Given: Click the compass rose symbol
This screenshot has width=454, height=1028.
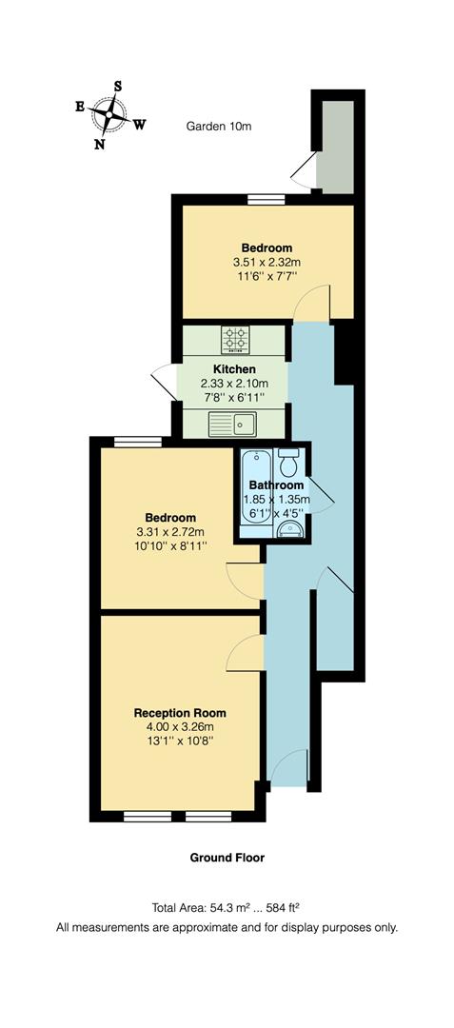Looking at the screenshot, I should point(109,116).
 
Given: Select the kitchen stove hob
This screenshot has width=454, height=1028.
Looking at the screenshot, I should point(235,338).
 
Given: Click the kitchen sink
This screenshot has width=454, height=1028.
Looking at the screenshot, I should point(233,423).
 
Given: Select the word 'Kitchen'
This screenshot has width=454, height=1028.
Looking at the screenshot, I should point(234,368).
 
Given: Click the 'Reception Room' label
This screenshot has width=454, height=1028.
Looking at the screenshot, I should point(180,712).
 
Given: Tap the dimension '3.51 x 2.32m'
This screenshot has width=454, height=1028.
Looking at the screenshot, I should point(266,262).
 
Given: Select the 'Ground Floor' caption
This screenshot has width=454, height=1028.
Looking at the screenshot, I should point(227,858).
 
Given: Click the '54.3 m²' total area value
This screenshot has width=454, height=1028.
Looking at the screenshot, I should point(246,907).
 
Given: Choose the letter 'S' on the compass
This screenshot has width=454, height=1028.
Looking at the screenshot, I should point(117,87).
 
